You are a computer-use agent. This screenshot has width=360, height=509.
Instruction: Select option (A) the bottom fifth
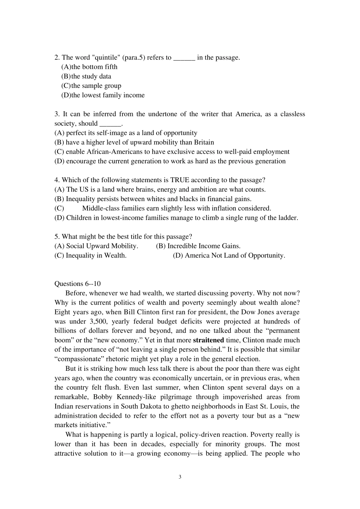tap(89, 67)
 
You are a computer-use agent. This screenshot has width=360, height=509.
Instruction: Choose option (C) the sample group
tap(91, 86)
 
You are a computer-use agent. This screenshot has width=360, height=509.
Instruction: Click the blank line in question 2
tap(184, 58)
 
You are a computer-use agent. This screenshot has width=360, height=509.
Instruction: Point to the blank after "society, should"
tap(110, 124)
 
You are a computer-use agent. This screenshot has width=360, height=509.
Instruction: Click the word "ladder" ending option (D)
tap(287, 218)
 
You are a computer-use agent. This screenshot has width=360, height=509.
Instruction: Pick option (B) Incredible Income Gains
tap(198, 246)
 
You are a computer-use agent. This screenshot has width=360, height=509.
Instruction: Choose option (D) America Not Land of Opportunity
tap(229, 256)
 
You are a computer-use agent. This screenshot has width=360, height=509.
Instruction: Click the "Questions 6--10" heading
tap(78, 284)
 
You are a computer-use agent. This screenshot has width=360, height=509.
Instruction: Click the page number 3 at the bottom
tap(180, 477)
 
